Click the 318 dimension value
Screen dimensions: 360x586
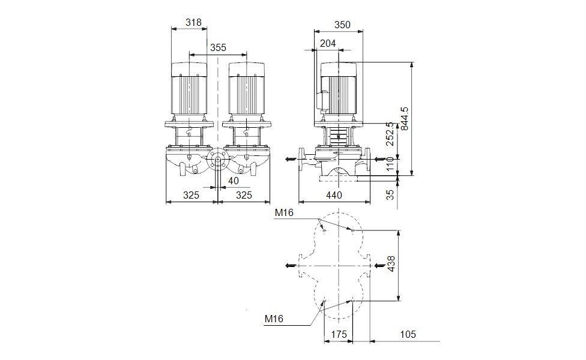point(193,23)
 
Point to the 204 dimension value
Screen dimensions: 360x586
point(328,43)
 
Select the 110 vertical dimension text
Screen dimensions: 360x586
point(390,163)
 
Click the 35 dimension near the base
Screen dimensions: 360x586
point(390,194)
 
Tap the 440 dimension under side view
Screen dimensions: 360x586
point(334,195)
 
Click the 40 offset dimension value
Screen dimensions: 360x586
point(233,181)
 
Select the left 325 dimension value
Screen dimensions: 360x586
point(191,195)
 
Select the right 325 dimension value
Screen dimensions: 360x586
point(244,195)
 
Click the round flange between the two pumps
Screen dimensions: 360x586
point(217,161)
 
